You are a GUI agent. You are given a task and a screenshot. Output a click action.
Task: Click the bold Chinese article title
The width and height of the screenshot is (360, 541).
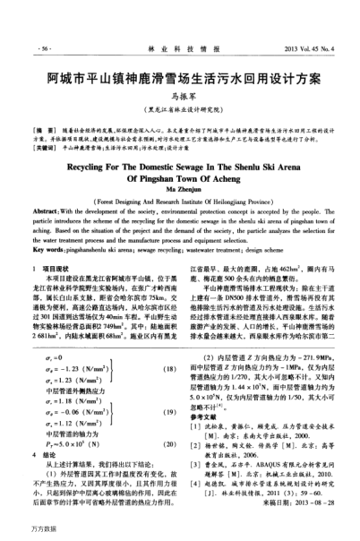tap(179, 78)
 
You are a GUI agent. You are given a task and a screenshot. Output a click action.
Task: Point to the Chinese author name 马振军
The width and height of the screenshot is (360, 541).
tap(179, 96)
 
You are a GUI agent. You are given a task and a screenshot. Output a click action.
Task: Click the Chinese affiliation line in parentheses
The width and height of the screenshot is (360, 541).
tap(179, 109)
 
